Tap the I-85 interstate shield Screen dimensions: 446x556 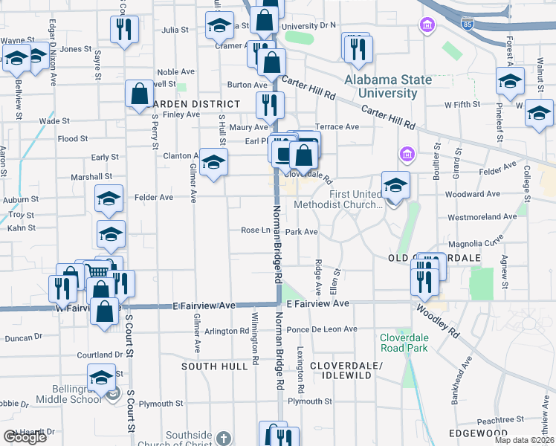tap(467, 24)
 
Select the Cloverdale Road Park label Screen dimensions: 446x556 tap(404, 341)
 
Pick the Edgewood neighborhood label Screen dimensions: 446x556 tap(478, 433)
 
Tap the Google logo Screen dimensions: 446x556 tap(25, 437)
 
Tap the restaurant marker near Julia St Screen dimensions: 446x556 tap(122, 30)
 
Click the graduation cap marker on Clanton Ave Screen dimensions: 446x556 tap(213, 163)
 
